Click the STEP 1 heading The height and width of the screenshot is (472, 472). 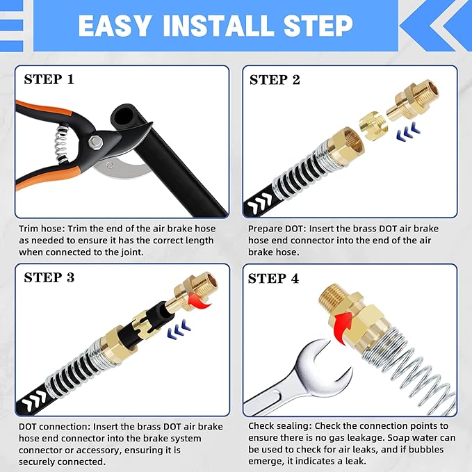point(58,79)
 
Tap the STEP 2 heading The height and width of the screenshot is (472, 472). point(275,79)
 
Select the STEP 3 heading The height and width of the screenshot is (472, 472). point(58,277)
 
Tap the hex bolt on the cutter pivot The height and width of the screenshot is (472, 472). point(97,143)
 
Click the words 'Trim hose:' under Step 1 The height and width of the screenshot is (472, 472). point(41,229)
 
